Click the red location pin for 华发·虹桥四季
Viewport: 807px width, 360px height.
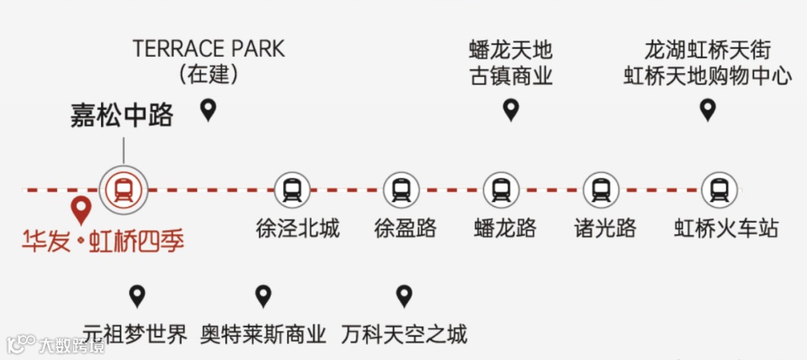click(79, 211)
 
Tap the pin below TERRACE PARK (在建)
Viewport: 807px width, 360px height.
click(208, 111)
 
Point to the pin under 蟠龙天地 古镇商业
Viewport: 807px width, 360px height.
click(511, 111)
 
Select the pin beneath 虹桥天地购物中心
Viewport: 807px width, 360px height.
click(707, 111)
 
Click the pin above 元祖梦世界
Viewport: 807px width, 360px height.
click(136, 296)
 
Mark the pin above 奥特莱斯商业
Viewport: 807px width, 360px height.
click(263, 296)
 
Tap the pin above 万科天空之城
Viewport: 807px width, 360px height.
click(404, 296)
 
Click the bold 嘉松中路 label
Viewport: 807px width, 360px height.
click(122, 116)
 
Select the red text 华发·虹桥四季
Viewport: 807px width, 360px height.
click(103, 240)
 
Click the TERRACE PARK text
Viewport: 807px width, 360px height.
click(208, 49)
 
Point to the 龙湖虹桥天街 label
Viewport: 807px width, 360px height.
click(707, 51)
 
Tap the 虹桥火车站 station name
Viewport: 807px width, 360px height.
click(726, 228)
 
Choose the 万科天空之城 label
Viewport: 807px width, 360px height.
click(404, 333)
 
